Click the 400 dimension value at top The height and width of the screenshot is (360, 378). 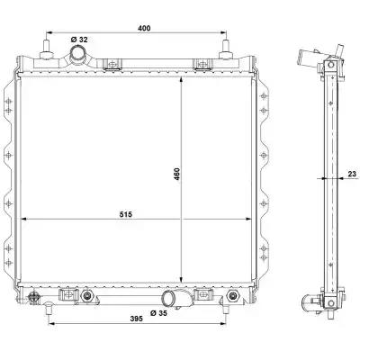click(x=144, y=28)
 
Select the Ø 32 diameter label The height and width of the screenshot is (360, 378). click(x=79, y=40)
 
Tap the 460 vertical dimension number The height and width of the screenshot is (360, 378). click(x=177, y=174)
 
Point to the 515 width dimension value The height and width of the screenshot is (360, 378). click(x=126, y=214)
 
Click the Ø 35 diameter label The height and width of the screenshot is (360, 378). click(x=158, y=313)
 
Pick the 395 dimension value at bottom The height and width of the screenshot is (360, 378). click(x=137, y=319)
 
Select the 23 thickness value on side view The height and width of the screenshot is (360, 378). click(x=352, y=174)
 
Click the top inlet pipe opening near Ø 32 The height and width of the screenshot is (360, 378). click(x=78, y=53)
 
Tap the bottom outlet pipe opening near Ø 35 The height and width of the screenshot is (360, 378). click(x=168, y=299)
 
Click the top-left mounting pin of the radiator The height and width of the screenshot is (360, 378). click(x=47, y=48)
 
